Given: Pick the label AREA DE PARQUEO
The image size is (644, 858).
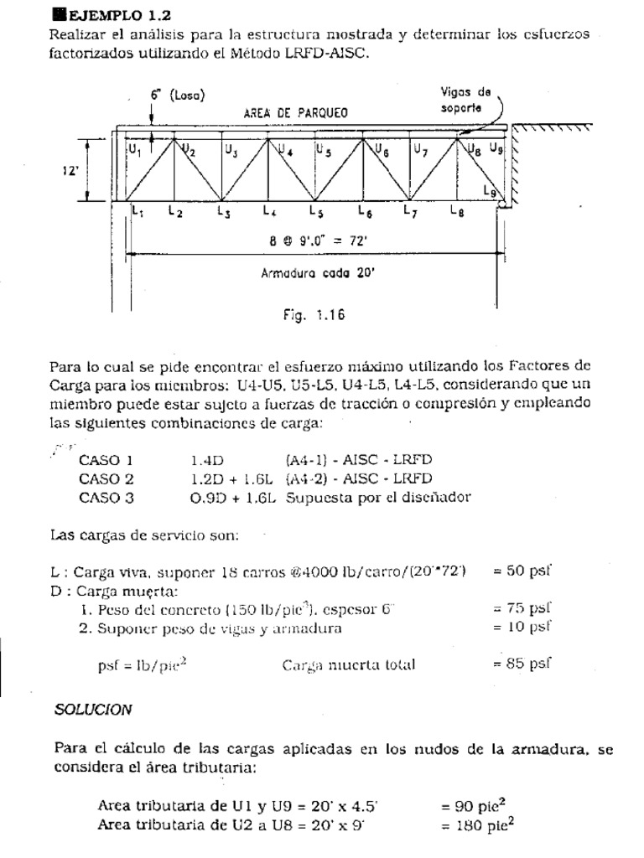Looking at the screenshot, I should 295,112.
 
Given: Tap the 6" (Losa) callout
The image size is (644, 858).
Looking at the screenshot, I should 178,96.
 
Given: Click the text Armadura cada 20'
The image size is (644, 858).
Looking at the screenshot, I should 309,271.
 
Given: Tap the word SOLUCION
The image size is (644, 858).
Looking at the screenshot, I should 93,709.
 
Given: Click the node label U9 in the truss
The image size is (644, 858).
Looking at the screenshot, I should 496,149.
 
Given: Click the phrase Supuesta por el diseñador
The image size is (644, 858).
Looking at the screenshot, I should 378,497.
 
